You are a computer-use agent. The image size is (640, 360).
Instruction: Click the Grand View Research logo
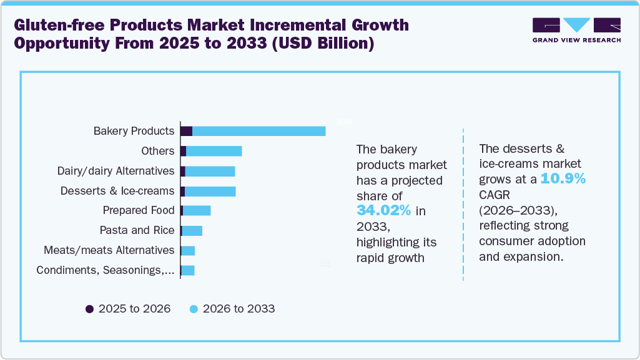coord(576,29)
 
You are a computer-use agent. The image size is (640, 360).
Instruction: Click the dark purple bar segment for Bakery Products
coord(186,131)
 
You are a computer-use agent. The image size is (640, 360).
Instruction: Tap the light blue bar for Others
coord(214,151)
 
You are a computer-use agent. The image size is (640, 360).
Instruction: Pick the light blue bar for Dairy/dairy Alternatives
coord(210,171)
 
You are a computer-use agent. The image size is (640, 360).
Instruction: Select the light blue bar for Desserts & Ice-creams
coord(210,191)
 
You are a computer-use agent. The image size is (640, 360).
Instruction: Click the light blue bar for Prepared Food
coord(197,211)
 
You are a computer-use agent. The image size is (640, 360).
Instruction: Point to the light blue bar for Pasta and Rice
coord(192,231)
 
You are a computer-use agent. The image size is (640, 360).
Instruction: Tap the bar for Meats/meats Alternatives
coord(188,251)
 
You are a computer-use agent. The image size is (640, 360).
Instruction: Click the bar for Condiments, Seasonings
coord(188,270)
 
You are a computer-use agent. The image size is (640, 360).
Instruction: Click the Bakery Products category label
coord(134,131)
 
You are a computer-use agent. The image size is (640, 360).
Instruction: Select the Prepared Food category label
coord(139,210)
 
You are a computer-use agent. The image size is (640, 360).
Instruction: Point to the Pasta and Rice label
coord(137,230)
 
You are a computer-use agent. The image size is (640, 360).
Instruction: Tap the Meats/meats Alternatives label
coord(109,250)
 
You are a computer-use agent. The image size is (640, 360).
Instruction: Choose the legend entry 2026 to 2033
coord(232,309)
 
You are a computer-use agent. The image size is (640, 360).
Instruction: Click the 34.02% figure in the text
coord(383,211)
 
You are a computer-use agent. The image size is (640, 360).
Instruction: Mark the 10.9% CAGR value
coord(563,179)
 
